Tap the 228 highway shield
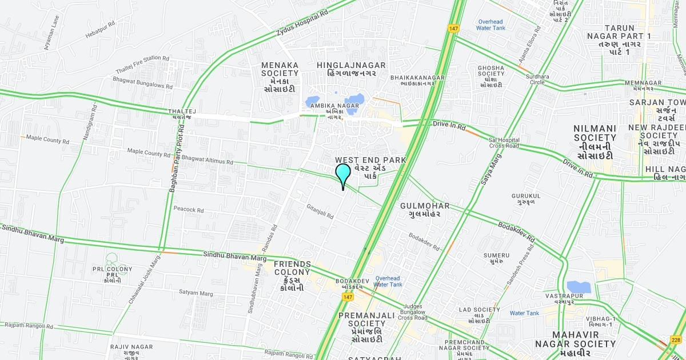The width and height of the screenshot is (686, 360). [x=676, y=341]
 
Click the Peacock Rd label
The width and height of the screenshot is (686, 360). [x=189, y=210]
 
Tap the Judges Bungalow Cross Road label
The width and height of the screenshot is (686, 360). [x=413, y=311]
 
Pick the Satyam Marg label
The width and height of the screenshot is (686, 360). [x=196, y=293]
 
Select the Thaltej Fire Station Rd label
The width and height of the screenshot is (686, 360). [x=142, y=65]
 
